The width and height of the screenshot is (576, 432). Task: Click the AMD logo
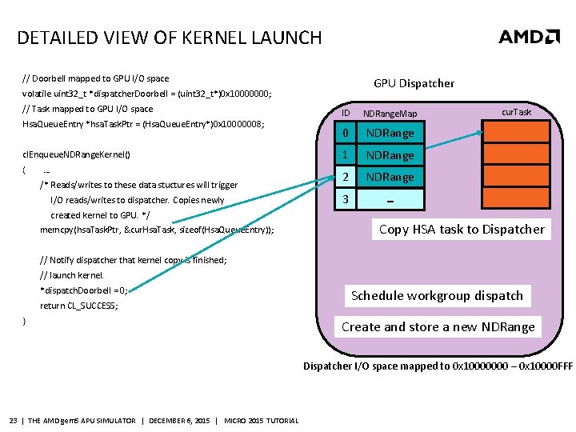(529, 36)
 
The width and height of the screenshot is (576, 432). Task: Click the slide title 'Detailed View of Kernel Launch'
(170, 38)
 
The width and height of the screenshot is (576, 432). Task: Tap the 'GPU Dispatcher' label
(414, 83)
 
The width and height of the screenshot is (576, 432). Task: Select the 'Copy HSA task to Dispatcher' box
(462, 230)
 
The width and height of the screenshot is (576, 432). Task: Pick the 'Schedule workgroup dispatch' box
(437, 296)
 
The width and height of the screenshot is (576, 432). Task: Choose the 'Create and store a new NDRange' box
(438, 326)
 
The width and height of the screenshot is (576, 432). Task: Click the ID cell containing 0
(345, 133)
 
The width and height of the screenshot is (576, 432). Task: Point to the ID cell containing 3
(345, 198)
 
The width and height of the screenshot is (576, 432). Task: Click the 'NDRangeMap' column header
(390, 114)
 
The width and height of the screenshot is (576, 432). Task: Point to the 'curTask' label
(516, 112)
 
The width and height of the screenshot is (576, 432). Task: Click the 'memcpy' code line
(157, 230)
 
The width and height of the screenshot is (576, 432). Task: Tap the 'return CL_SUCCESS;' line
(79, 306)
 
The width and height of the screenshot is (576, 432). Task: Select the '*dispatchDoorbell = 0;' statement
(83, 290)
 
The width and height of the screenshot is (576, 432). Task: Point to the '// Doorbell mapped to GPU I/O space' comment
(95, 78)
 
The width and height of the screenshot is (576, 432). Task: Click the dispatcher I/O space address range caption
(438, 366)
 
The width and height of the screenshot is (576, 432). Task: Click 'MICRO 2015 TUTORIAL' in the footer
(262, 421)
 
